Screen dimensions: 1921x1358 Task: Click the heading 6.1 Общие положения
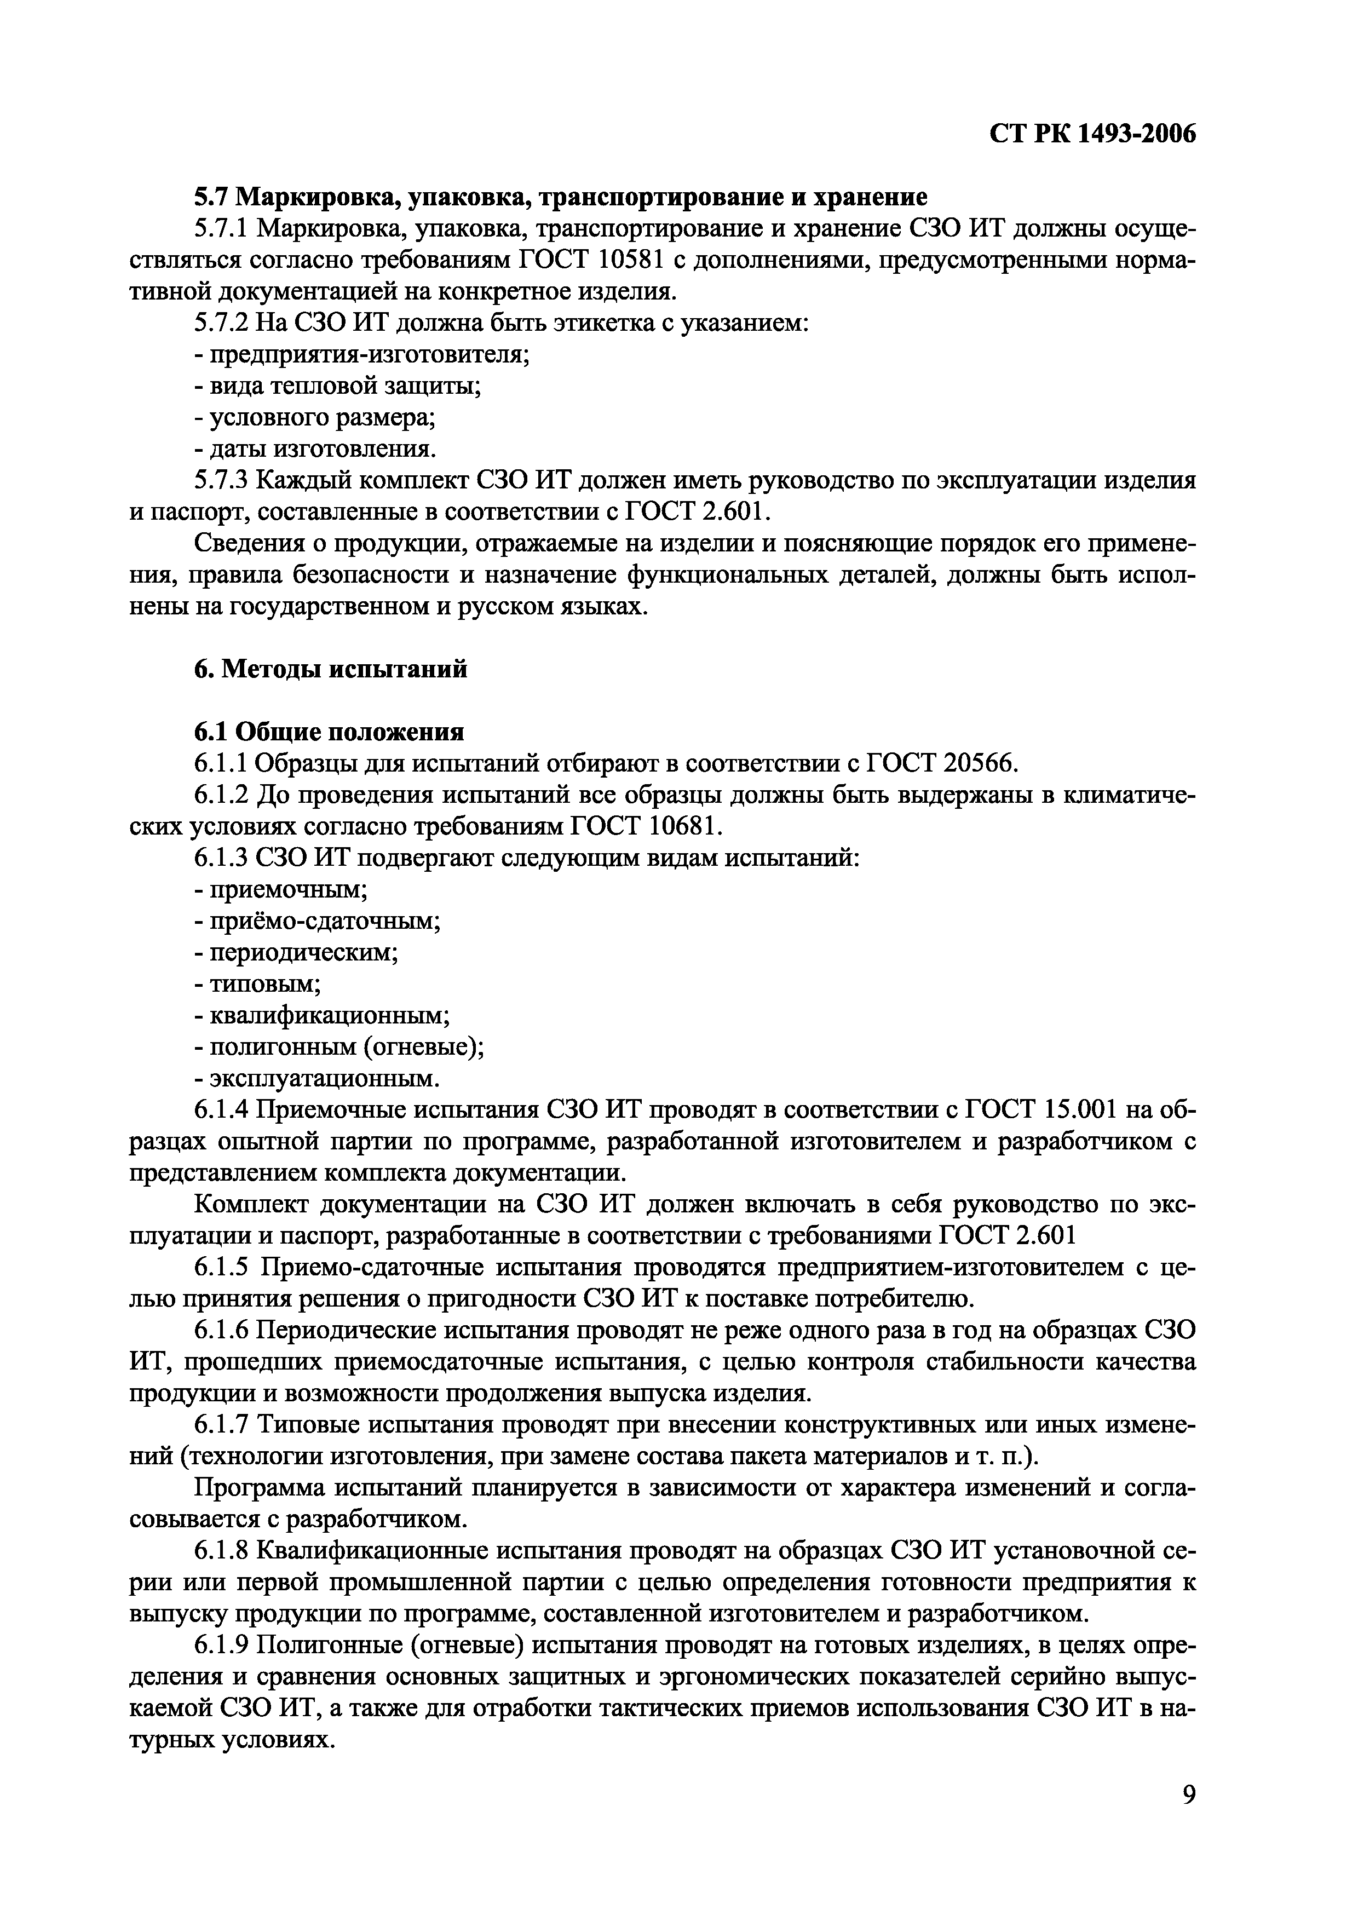(x=329, y=732)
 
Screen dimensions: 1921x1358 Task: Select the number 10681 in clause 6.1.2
(x=681, y=827)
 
